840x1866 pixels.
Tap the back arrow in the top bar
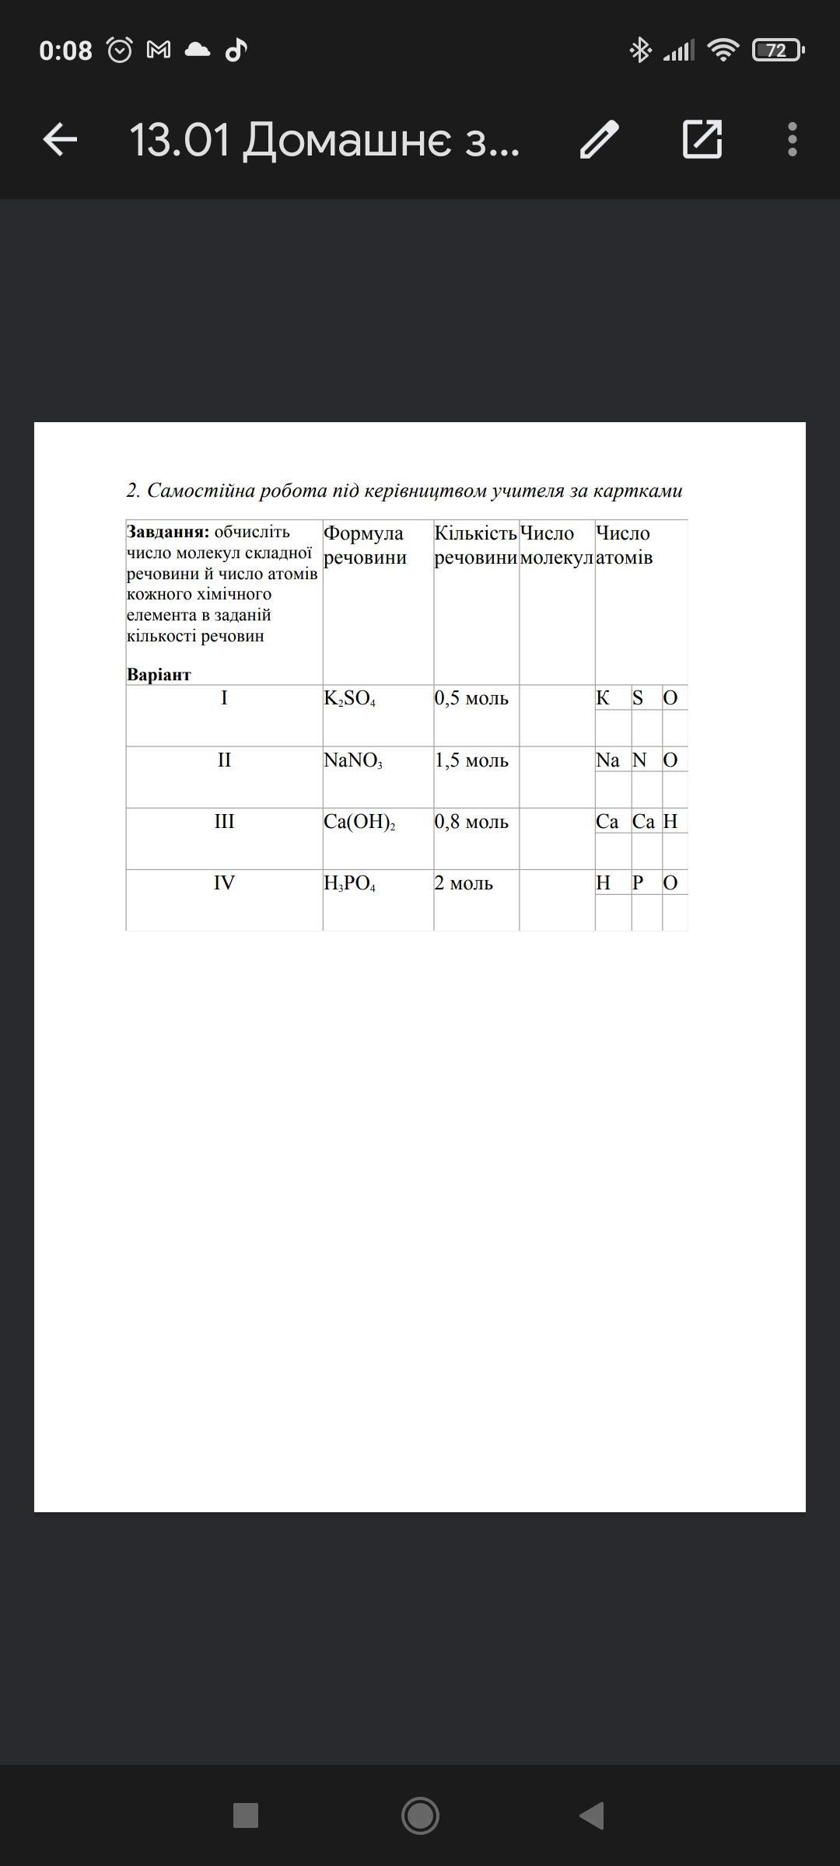(60, 140)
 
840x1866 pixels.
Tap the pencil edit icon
(599, 140)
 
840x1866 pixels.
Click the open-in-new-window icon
(702, 140)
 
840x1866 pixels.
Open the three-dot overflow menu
(792, 140)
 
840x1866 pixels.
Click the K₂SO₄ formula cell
(350, 698)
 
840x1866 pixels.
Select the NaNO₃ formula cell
(353, 760)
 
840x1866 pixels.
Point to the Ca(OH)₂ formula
(359, 822)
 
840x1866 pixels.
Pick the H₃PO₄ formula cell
(350, 883)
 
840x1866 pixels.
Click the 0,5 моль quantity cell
(471, 698)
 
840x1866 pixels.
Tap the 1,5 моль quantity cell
(471, 760)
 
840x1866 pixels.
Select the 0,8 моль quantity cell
(471, 822)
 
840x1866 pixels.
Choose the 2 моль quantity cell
(464, 883)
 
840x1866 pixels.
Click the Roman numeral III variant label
(224, 822)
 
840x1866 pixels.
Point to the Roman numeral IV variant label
(224, 883)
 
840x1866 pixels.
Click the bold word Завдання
(168, 532)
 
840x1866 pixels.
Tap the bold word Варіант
(159, 675)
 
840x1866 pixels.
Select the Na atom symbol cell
(607, 760)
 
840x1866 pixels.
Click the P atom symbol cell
(638, 883)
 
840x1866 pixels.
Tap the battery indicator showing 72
(777, 51)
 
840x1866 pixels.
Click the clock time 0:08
(65, 51)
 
